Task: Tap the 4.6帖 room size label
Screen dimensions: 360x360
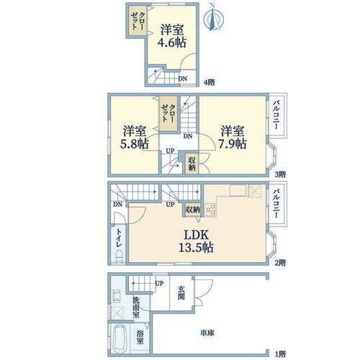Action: (171, 42)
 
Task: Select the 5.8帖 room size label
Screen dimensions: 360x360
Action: (135, 143)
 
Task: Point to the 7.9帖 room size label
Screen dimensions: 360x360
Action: (232, 143)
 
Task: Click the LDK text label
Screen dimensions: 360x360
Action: (196, 235)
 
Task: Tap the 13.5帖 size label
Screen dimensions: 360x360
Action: (196, 247)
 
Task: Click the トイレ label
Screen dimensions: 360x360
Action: (119, 238)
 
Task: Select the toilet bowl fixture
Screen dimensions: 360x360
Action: (119, 256)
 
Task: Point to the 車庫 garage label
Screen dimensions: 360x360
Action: (207, 333)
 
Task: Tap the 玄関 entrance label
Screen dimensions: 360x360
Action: (181, 293)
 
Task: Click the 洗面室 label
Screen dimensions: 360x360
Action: (136, 307)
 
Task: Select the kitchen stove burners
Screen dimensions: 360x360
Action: (210, 209)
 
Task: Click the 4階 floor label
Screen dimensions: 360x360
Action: (209, 83)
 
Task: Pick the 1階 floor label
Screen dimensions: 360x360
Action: (280, 354)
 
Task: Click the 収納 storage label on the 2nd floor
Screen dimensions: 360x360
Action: (193, 210)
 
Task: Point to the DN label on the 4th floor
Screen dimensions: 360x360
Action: (183, 78)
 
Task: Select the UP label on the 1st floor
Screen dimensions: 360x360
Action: (159, 284)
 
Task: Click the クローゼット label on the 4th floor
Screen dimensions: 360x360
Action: (138, 21)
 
